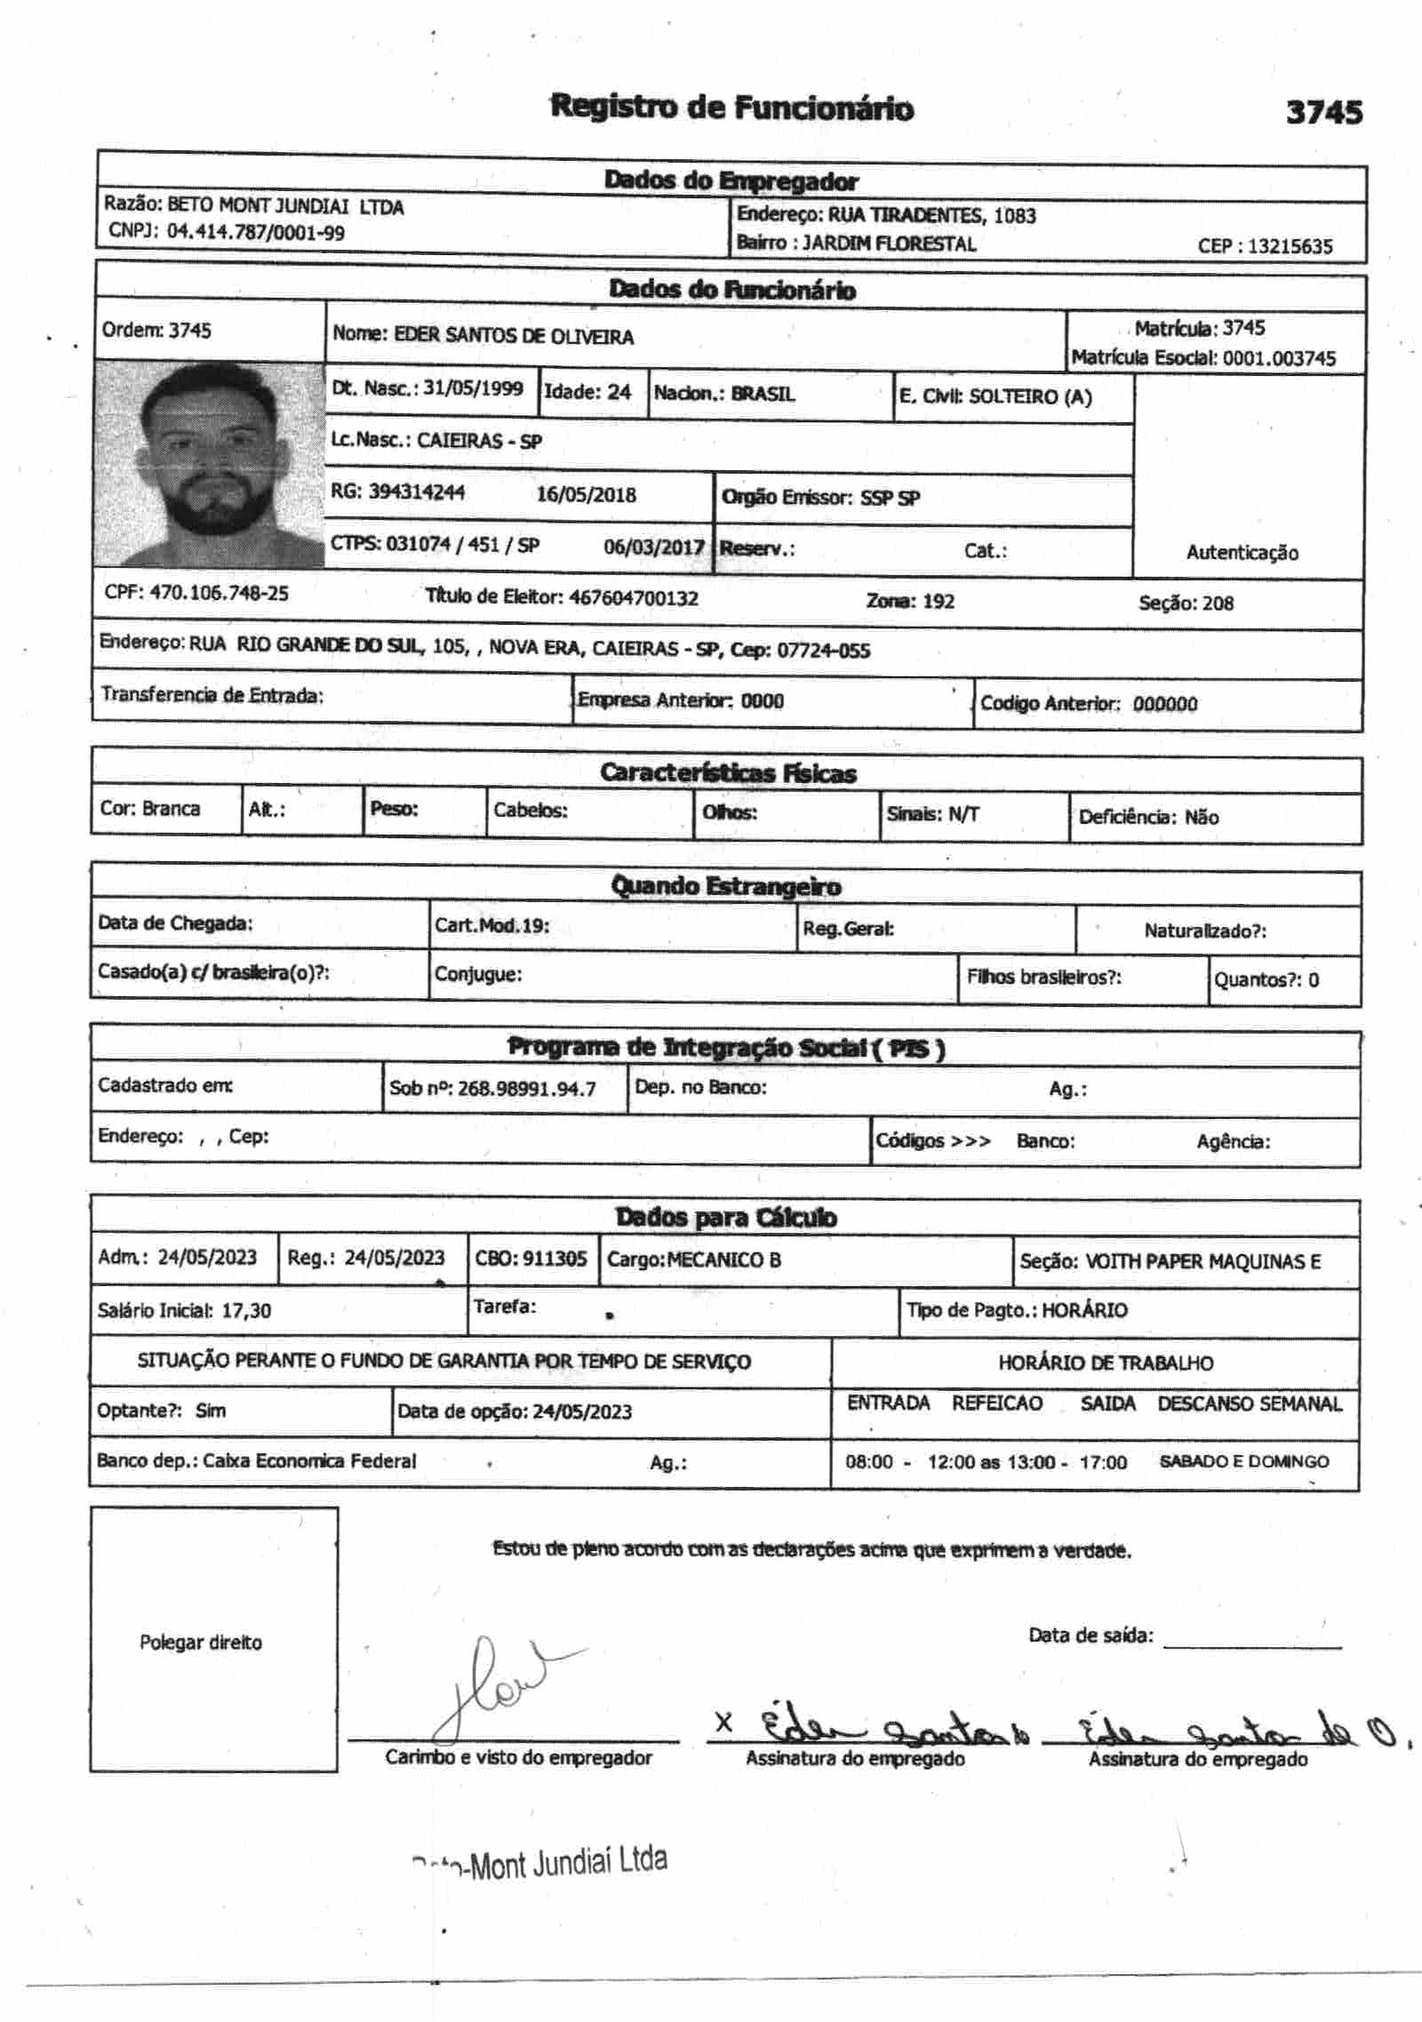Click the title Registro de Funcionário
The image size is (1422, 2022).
(x=731, y=108)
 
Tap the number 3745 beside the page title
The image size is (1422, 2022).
(x=1323, y=112)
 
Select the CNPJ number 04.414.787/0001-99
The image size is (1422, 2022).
(x=256, y=233)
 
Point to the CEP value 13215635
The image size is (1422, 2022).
(x=1290, y=246)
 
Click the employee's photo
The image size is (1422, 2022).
(x=210, y=464)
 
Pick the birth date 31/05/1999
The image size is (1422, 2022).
(x=473, y=388)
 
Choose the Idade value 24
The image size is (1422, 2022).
(x=619, y=392)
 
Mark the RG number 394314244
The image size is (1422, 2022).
(x=416, y=492)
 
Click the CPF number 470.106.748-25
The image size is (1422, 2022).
(x=219, y=593)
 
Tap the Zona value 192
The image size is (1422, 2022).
(x=938, y=602)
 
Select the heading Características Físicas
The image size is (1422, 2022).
(x=728, y=773)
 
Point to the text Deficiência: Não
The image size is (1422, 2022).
(x=1148, y=817)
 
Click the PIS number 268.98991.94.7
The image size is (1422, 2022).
(x=526, y=1089)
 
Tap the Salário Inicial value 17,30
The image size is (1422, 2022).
(x=246, y=1310)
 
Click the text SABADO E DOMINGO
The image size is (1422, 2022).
(x=1243, y=1462)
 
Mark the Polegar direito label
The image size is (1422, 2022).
(x=201, y=1642)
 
